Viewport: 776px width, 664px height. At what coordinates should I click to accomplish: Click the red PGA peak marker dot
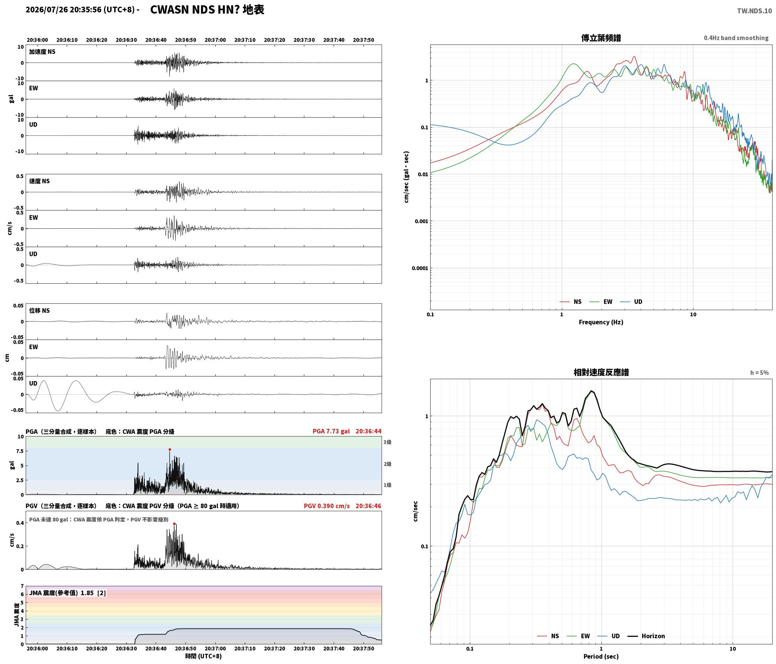170,449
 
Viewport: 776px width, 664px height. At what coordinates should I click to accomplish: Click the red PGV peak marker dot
174,524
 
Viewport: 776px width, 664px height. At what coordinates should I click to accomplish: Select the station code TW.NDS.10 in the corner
755,11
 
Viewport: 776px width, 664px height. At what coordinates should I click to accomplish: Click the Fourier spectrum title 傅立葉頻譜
601,38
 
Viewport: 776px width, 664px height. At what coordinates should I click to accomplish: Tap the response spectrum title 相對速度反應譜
601,372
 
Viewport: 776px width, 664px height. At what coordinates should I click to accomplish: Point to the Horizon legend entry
646,636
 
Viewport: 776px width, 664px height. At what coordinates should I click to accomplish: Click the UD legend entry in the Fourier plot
631,301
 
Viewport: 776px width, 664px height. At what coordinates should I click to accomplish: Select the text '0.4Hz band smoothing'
736,38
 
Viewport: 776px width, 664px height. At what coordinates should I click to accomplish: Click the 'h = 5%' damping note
759,373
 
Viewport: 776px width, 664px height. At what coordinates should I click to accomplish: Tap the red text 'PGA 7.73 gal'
331,431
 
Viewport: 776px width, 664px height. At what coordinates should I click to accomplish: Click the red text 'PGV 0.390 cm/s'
327,506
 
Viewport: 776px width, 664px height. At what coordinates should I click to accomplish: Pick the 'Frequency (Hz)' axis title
601,322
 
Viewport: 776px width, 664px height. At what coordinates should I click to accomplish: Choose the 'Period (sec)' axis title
601,656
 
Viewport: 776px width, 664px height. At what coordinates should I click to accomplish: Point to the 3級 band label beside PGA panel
387,442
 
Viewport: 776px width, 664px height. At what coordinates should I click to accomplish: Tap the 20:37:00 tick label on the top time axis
215,40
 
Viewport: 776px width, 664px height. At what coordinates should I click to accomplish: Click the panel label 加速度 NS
42,52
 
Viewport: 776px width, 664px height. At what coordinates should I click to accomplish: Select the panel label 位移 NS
39,310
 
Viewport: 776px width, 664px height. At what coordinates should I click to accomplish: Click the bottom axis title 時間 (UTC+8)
204,656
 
